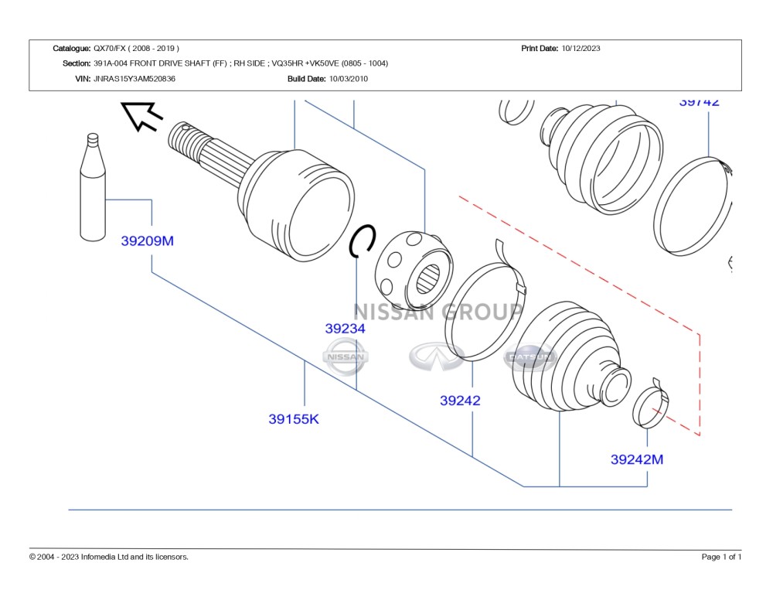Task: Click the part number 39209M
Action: (147, 241)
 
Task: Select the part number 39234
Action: (345, 329)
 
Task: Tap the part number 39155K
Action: (294, 419)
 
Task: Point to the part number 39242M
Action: (636, 459)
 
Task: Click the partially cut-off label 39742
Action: (699, 101)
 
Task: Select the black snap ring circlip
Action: (363, 241)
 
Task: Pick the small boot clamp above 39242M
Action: (652, 404)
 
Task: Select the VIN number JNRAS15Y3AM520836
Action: (135, 79)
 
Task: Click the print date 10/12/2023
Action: (581, 48)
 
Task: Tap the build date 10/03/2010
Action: (349, 79)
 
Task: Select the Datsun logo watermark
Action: (530, 357)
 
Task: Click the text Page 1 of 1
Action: (721, 557)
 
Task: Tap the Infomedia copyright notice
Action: (109, 557)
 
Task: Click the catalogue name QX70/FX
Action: (136, 48)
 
